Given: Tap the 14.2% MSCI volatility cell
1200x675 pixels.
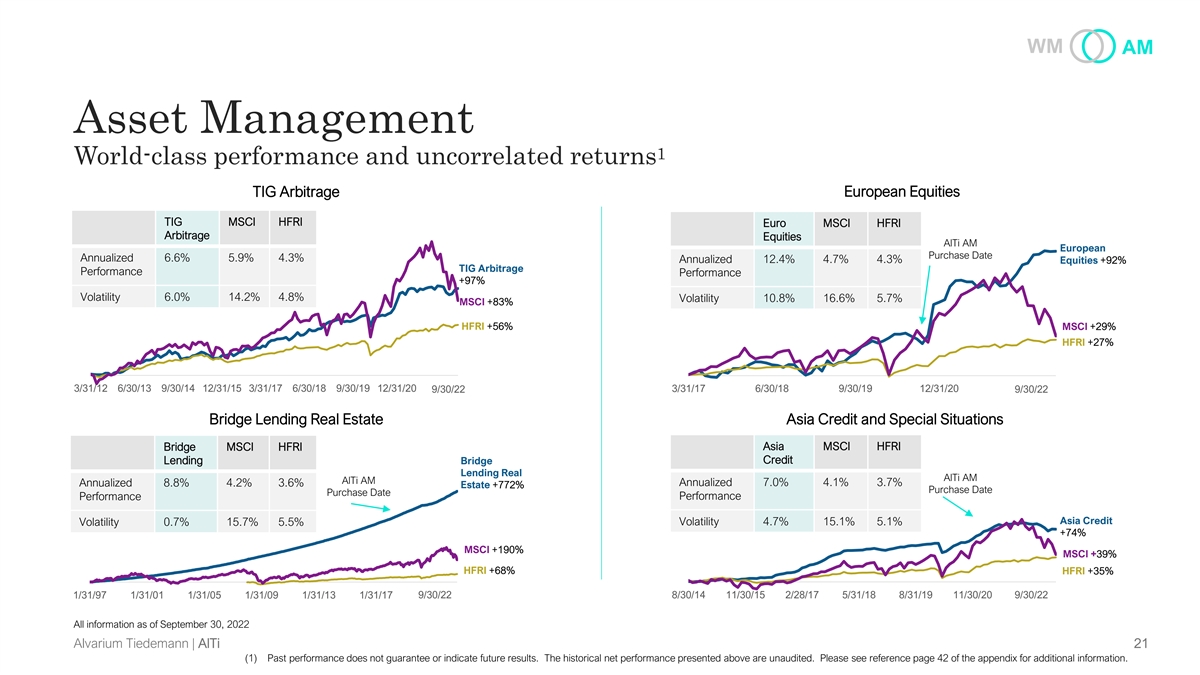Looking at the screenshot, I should [x=242, y=296].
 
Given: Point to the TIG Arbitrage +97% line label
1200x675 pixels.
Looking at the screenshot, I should [x=490, y=274].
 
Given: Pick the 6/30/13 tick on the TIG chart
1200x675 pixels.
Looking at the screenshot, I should [x=135, y=388].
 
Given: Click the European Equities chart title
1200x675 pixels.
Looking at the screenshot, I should [x=902, y=191].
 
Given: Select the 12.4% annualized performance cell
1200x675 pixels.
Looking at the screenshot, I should [x=779, y=260].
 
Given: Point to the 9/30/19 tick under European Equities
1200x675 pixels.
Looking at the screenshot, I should [x=855, y=389].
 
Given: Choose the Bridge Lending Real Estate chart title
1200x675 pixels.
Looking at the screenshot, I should [x=295, y=419].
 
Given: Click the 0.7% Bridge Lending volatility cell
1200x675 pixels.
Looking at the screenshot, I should [x=176, y=521].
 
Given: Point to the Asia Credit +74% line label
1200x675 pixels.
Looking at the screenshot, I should [x=1085, y=526].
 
